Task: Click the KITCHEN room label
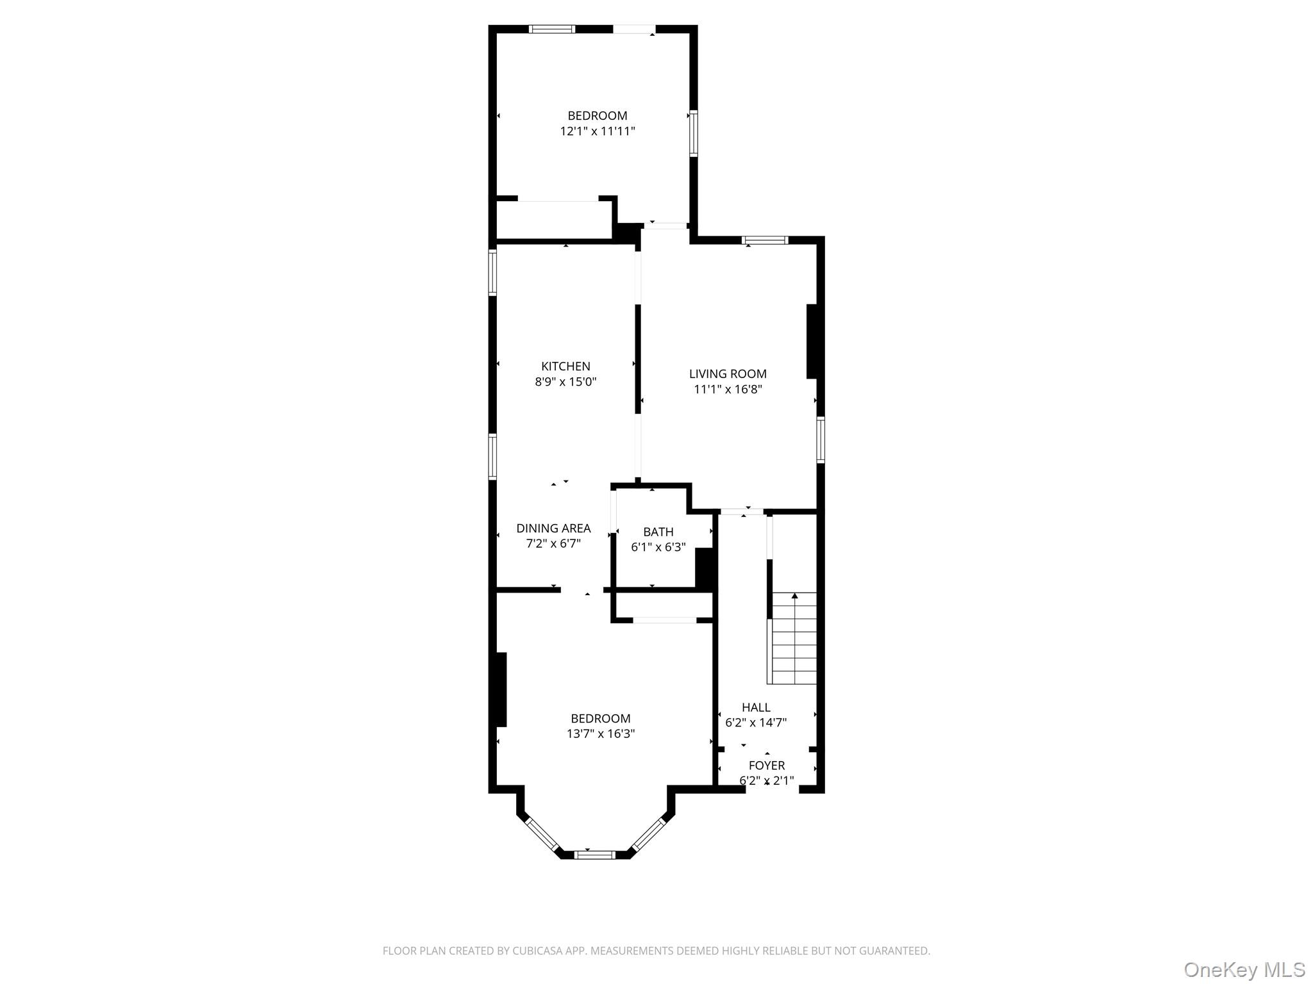[x=565, y=366]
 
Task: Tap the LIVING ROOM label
[x=728, y=374]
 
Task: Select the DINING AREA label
[x=553, y=529]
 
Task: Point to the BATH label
[x=658, y=532]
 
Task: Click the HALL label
[x=756, y=707]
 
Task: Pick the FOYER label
[x=767, y=766]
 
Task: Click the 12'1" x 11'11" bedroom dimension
[x=598, y=131]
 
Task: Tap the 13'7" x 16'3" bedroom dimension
[x=601, y=734]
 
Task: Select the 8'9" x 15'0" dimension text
[x=565, y=382]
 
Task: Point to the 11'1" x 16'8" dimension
[x=728, y=389]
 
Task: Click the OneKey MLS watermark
[x=1244, y=969]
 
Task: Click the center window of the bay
[x=594, y=854]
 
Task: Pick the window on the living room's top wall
[x=765, y=240]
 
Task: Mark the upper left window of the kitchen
[x=492, y=272]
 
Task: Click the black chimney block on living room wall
[x=811, y=341]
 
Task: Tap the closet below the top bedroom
[x=555, y=220]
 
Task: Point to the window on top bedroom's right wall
[x=693, y=133]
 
